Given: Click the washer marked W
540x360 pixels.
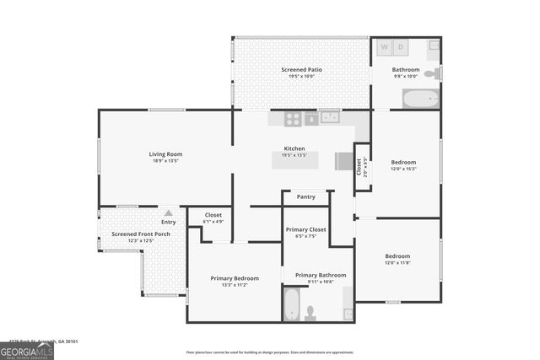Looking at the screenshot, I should point(385,46).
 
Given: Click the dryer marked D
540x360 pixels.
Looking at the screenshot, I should point(402,46).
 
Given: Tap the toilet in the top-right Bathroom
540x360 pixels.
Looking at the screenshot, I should point(431,75).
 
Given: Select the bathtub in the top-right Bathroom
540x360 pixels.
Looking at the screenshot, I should point(420,99).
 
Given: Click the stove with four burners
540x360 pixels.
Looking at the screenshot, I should point(293,119).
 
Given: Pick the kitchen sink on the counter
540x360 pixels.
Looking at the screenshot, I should point(329,117).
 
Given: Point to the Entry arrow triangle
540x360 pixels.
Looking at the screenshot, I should point(169,213).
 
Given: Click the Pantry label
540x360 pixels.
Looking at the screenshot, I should point(305,196).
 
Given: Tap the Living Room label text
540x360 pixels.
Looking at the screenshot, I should point(166,154).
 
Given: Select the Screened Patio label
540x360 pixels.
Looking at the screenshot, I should point(301,69).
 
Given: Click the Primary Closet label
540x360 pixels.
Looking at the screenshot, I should point(305,229).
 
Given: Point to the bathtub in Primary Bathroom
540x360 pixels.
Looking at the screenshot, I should point(291,304).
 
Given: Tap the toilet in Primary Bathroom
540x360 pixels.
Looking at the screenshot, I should point(310,313).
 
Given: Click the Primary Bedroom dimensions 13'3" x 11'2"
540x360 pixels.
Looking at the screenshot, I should point(235,285).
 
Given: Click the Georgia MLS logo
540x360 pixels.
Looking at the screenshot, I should point(27,349).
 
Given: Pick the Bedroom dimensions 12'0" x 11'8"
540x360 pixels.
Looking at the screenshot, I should point(397,263).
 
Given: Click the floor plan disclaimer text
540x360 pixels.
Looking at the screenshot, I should point(270,352).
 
